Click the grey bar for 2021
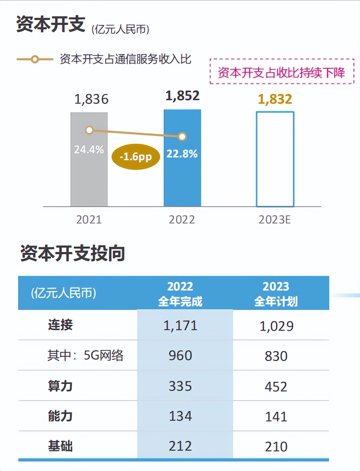89,174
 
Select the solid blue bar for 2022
182,181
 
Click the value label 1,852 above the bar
182,95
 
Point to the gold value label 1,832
275,99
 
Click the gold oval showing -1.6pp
136,157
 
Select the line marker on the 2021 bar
89,130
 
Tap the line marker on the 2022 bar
182,137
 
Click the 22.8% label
182,154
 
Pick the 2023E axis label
275,219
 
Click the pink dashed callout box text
281,72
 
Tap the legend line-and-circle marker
35,60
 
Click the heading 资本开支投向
73,253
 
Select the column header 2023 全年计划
276,293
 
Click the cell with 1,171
180,325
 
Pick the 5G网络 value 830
276,356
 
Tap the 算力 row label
60,386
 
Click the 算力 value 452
276,386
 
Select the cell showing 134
180,416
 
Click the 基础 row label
60,446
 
